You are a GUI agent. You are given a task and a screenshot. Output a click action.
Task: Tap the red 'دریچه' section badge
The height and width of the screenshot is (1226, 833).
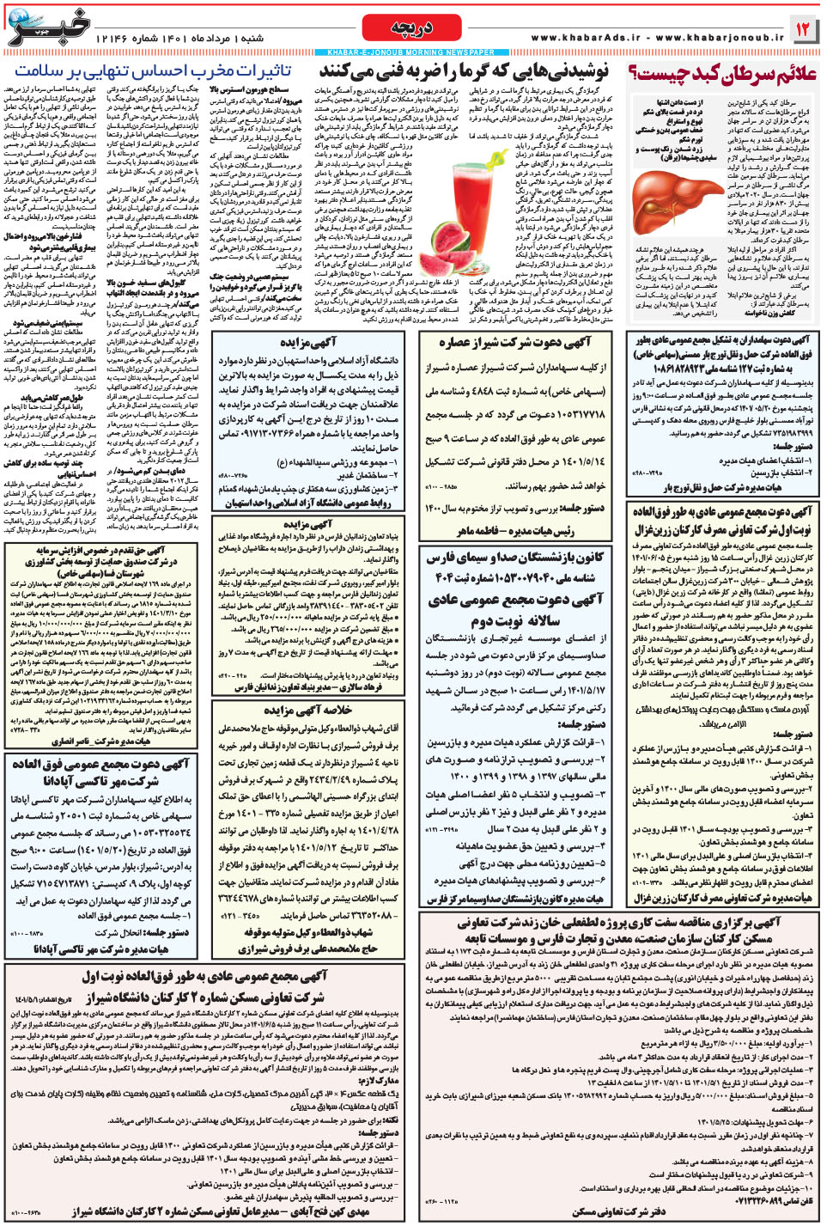coord(411,28)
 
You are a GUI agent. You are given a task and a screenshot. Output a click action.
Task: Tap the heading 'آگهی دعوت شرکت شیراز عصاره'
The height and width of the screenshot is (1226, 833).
coord(515,343)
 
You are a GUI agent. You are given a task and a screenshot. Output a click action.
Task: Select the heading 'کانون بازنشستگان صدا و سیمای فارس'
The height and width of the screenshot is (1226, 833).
coord(515,557)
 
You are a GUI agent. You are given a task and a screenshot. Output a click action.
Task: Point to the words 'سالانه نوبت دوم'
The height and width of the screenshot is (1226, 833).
coord(515,619)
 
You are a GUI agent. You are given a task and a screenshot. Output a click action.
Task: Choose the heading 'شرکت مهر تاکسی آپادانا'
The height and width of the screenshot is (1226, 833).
coord(101,780)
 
